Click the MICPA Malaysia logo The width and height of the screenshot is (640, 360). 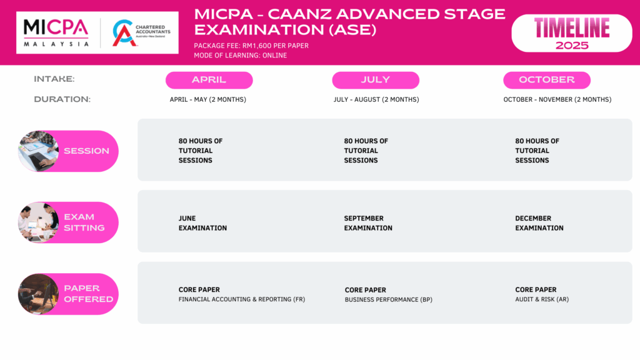pos(56,32)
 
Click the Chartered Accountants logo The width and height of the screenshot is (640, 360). pos(141,32)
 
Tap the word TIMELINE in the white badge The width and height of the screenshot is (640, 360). pos(572,27)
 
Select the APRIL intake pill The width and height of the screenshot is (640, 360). pos(209,80)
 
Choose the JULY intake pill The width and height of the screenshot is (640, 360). pos(376,80)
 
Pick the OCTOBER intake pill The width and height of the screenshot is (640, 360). pos(547,80)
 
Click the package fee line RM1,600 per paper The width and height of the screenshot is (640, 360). pos(251,46)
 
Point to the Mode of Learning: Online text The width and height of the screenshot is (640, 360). pos(241,56)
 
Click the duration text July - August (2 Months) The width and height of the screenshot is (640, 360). pos(376,99)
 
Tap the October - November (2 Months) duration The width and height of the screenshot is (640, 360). pos(557,99)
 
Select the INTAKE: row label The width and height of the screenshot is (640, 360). pos(54,79)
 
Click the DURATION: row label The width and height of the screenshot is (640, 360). pos(62,99)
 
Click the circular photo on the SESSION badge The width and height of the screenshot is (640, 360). pos(38,151)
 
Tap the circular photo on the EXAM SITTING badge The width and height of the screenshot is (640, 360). pos(38,222)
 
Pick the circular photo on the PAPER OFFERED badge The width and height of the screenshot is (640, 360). pos(38,294)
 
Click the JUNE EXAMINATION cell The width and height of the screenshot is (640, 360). pos(202,223)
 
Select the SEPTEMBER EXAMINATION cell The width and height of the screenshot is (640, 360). pos(368,223)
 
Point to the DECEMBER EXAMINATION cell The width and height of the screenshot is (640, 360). pos(539,223)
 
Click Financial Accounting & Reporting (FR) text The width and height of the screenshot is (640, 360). pos(242,299)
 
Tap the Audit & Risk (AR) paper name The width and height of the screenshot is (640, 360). pos(542,299)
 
